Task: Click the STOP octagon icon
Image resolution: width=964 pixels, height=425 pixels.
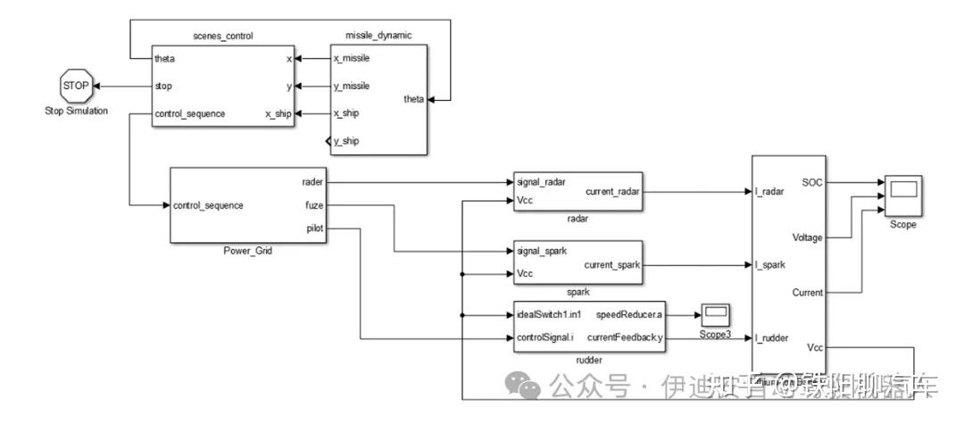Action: click(75, 87)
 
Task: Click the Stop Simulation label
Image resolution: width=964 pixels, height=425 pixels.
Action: click(75, 111)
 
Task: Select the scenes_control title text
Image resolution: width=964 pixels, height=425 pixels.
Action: click(224, 36)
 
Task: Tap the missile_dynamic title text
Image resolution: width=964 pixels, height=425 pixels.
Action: click(378, 36)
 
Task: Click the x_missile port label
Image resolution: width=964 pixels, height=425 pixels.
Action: click(352, 58)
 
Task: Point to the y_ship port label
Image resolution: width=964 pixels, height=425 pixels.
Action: click(346, 142)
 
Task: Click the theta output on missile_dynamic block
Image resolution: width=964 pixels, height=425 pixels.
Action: click(414, 99)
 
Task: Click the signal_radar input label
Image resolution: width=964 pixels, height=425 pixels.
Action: click(542, 182)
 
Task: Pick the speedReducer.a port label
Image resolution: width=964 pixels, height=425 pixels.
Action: click(629, 314)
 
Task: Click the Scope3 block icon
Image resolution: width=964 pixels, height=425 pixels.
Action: click(715, 314)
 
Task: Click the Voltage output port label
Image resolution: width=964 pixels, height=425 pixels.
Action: click(807, 237)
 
